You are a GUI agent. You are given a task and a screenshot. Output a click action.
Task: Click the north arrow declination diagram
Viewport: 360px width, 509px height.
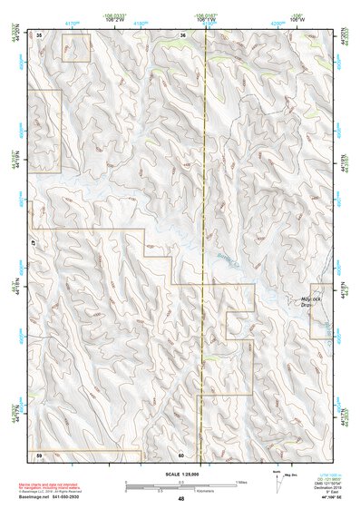point(277,483)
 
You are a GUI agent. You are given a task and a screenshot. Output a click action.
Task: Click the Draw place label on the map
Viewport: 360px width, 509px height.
point(306,306)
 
